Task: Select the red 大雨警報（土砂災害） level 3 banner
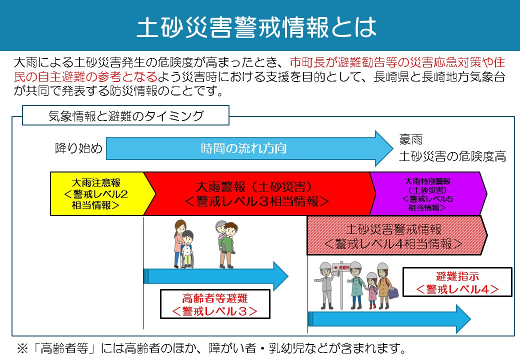coord(256,193)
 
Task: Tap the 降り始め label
coord(78,148)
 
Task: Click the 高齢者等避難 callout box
coord(215,304)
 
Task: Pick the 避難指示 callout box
coord(457,282)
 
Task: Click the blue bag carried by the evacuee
coord(393,292)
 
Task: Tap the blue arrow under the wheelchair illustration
coord(215,275)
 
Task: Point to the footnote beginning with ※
coord(210,348)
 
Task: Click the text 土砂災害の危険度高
coord(452,156)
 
